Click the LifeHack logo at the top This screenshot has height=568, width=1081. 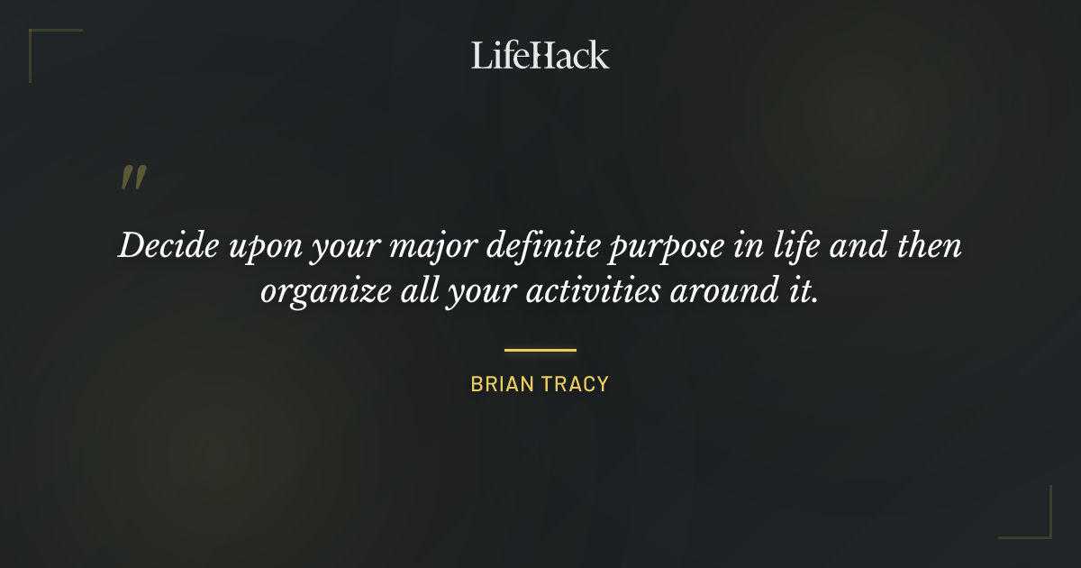point(540,55)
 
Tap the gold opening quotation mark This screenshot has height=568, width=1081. point(133,178)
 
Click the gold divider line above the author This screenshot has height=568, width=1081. point(540,350)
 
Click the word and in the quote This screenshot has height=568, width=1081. point(858,247)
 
